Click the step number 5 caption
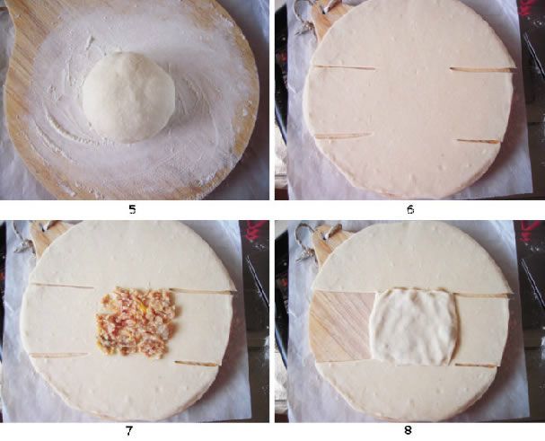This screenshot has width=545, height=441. click(132, 209)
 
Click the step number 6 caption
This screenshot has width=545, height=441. click(410, 209)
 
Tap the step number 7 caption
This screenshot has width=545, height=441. click(129, 431)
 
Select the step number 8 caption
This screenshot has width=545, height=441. click(408, 430)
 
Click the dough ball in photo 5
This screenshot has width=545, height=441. click(128, 97)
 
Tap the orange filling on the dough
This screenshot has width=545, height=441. click(136, 322)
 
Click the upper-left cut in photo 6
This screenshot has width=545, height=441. click(344, 67)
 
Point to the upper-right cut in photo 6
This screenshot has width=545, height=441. click(482, 69)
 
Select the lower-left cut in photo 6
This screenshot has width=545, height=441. click(343, 136)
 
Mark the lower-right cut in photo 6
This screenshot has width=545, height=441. click(479, 141)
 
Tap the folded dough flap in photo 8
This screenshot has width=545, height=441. click(414, 327)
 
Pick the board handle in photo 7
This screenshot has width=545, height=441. click(48, 236)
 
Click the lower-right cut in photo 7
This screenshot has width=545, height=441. click(197, 364)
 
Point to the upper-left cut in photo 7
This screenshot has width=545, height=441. click(63, 286)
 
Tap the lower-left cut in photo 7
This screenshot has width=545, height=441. click(59, 355)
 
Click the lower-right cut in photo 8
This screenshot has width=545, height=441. click(476, 366)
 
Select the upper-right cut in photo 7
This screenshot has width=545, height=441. click(202, 291)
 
